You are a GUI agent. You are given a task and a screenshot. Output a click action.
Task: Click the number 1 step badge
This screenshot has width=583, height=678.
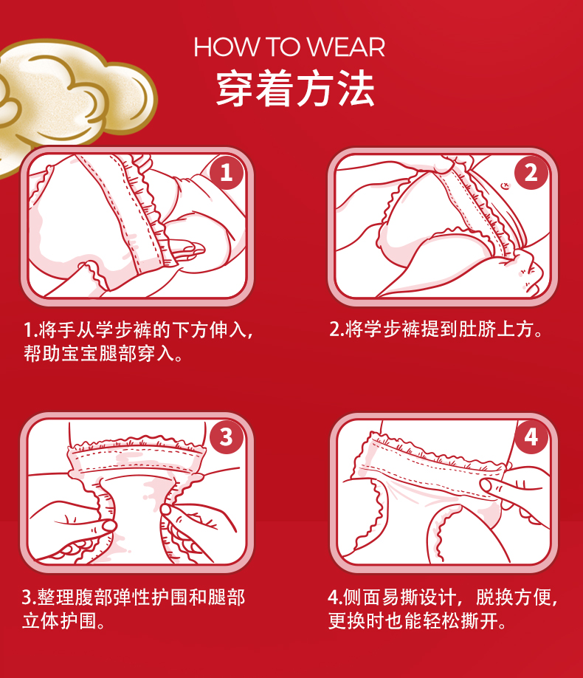point(227,173)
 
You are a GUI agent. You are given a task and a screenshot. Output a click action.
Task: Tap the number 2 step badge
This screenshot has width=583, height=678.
point(531,173)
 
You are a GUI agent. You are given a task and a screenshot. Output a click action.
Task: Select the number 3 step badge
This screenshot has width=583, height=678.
point(227,437)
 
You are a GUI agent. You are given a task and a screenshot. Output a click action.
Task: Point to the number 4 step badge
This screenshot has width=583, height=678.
point(531,437)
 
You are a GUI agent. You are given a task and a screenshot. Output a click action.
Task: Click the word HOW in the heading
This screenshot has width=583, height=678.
point(226,47)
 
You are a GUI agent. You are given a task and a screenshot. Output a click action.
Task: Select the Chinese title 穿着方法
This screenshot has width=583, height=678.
point(295,89)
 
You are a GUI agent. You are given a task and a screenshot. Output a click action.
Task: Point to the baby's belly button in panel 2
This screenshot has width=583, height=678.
point(505,186)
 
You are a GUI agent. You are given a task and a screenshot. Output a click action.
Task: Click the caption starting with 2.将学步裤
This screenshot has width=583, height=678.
point(436,329)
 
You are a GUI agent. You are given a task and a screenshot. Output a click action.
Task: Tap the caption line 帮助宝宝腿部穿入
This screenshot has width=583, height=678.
point(103,354)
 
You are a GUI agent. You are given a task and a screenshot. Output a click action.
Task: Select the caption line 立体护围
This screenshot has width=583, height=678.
point(64,621)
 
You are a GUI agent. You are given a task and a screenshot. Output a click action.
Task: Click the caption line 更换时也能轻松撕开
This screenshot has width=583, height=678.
point(418,621)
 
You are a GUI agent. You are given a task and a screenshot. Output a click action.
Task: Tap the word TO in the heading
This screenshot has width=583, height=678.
point(283,47)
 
